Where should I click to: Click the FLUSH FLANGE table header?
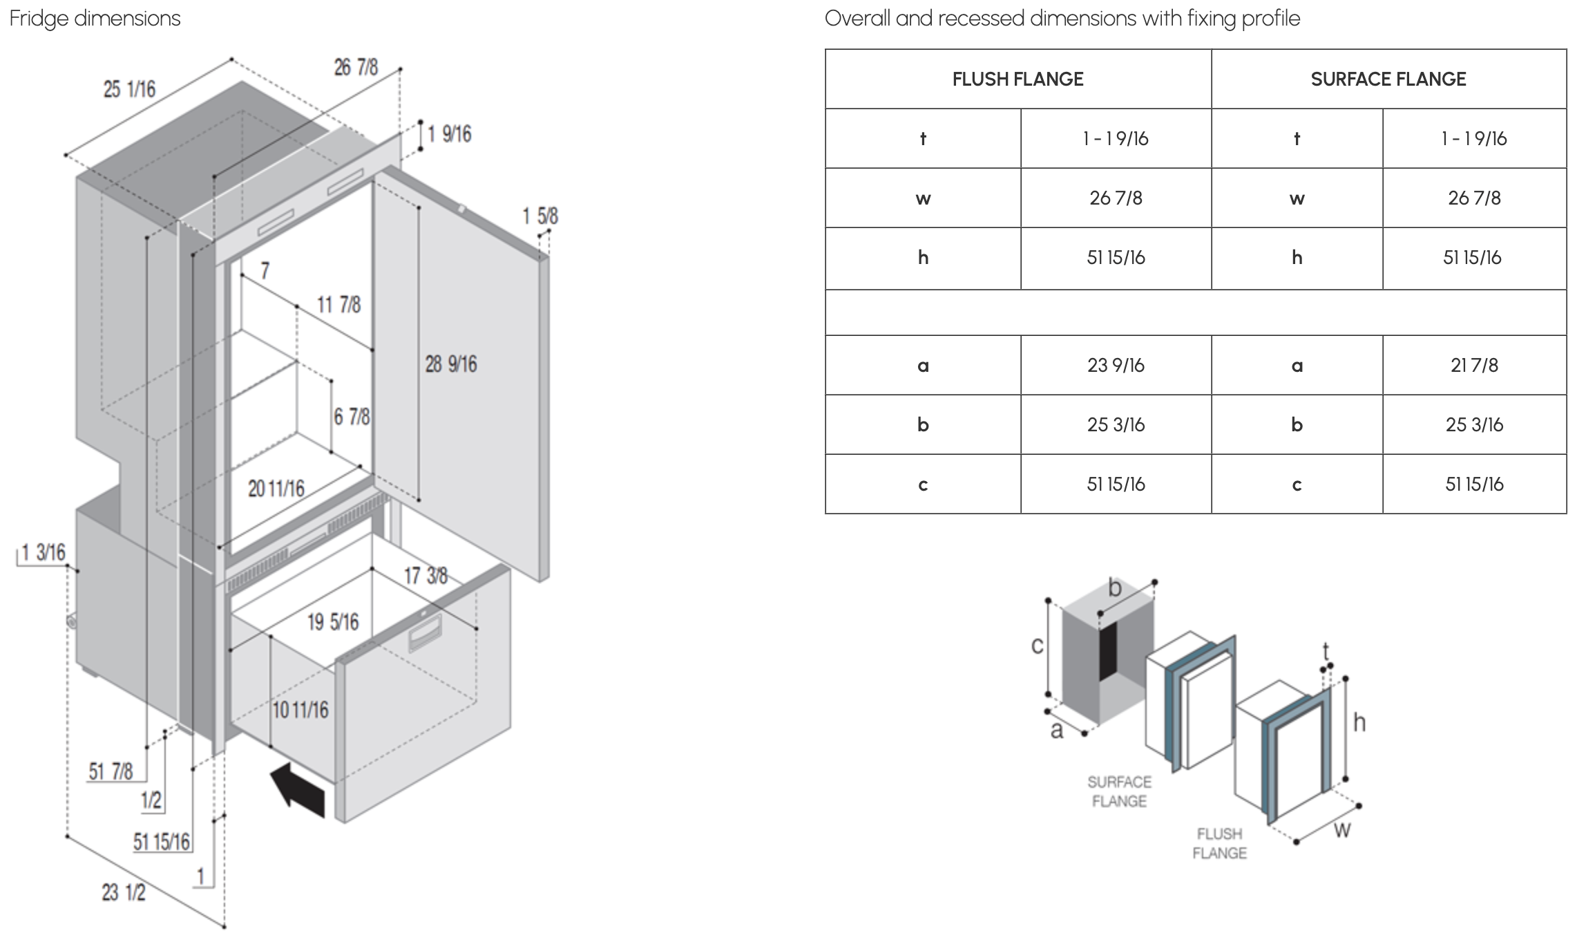(1017, 79)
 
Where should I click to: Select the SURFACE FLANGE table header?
(1388, 79)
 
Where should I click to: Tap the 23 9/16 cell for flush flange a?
(1116, 366)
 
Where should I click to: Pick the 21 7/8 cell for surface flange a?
(1474, 366)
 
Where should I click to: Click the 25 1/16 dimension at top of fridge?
(129, 90)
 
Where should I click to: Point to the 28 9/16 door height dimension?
(450, 364)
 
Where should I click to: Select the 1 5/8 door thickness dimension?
(539, 216)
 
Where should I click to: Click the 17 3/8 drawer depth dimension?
(426, 576)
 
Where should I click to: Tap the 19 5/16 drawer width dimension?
(333, 622)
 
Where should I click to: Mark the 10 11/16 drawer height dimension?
(300, 710)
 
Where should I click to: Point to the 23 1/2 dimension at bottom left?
(124, 892)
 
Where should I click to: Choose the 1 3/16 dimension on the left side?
(43, 552)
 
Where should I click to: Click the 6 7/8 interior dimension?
(352, 417)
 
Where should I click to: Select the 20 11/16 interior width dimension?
(276, 489)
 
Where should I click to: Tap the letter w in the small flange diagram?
(1341, 829)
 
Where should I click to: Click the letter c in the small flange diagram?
(1037, 646)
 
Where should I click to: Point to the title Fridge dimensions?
(95, 18)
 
